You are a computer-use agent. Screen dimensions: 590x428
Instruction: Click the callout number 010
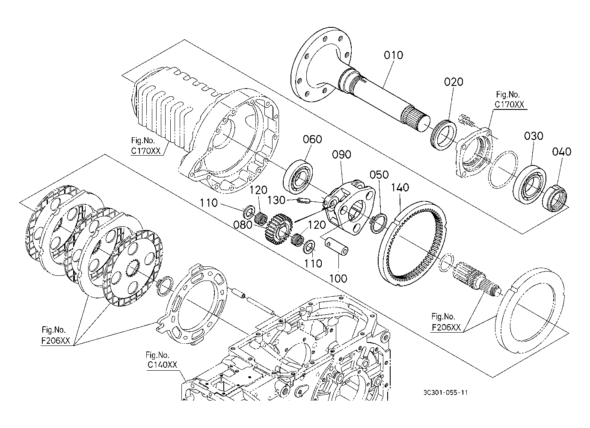(393, 55)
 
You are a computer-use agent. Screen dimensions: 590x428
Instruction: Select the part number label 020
(454, 82)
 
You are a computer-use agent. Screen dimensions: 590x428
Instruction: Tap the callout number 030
(534, 136)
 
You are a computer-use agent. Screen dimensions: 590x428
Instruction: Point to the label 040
(562, 152)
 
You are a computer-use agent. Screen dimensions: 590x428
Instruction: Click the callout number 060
(312, 139)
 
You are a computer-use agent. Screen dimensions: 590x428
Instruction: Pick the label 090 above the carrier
(341, 154)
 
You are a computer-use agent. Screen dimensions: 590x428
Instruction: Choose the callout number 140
(400, 187)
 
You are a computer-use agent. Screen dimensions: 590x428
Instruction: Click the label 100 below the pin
(338, 278)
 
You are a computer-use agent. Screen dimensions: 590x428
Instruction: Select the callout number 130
(276, 201)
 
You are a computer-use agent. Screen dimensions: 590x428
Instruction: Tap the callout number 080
(243, 225)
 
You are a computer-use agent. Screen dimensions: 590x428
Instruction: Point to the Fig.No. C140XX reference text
(161, 360)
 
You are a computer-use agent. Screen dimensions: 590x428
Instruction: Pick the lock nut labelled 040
(554, 198)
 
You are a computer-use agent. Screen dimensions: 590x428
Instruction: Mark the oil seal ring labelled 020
(444, 134)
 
